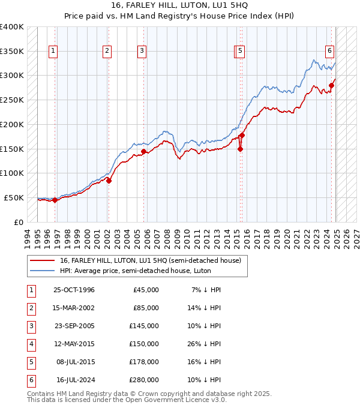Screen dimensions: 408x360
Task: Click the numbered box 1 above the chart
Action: (53, 52)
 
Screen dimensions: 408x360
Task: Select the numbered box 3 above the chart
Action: (142, 52)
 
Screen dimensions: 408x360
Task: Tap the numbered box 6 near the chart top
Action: (330, 52)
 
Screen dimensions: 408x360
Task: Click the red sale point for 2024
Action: (332, 85)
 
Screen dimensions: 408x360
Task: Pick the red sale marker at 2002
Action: (109, 180)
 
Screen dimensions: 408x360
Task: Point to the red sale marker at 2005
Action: (143, 151)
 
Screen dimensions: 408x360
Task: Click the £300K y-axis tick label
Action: (12, 76)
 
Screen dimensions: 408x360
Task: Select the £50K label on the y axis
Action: (14, 197)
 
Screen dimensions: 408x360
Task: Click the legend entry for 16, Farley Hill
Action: (150, 260)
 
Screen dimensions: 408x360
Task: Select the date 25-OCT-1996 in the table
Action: (74, 290)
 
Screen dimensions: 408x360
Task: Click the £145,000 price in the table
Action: (143, 326)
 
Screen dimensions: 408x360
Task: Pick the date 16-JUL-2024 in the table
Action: (75, 380)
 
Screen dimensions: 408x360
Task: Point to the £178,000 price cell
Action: (143, 362)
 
